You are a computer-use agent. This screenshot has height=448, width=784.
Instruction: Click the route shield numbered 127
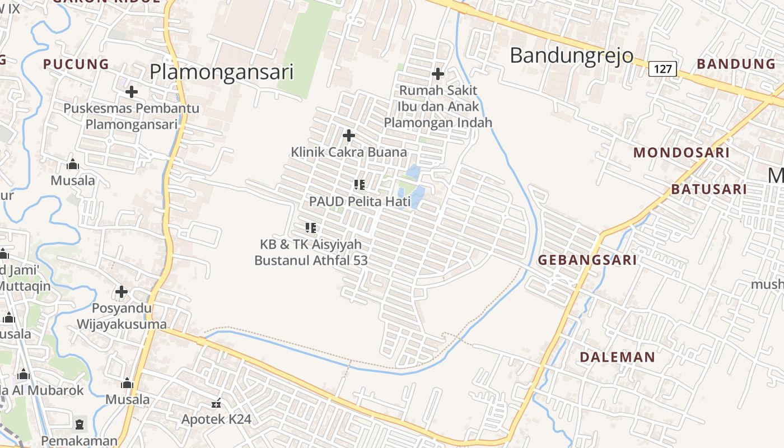(662, 69)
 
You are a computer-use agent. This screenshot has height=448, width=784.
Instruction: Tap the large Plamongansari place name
(222, 72)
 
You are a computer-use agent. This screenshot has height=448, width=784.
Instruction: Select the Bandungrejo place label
(571, 55)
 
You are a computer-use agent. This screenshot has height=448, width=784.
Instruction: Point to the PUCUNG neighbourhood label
(76, 64)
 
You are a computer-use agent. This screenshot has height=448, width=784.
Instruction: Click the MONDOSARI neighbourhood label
(681, 152)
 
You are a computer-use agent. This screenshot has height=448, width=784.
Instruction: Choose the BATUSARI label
(708, 189)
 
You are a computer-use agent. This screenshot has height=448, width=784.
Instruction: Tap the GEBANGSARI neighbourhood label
(587, 260)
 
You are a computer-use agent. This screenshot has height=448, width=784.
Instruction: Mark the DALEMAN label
(617, 357)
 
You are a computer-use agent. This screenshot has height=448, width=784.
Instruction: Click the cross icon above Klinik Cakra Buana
(349, 136)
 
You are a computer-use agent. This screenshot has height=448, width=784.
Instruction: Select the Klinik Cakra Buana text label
(348, 152)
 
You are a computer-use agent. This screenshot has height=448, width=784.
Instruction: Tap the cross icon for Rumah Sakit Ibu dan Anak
(438, 74)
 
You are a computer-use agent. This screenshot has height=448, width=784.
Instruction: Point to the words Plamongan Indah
(438, 122)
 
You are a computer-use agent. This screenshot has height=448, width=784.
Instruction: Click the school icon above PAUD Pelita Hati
(360, 184)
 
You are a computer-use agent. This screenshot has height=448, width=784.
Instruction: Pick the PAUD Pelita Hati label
(360, 202)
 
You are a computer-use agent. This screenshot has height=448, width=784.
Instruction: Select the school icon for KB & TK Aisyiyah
(311, 227)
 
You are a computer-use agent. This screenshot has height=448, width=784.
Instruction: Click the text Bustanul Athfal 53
(311, 260)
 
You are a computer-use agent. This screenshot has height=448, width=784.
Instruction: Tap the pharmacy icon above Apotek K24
(216, 403)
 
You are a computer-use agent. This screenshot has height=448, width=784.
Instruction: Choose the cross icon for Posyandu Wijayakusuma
(122, 292)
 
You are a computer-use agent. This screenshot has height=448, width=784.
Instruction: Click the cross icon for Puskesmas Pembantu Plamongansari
(132, 91)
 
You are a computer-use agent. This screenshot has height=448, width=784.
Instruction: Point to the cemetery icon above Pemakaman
(80, 424)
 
